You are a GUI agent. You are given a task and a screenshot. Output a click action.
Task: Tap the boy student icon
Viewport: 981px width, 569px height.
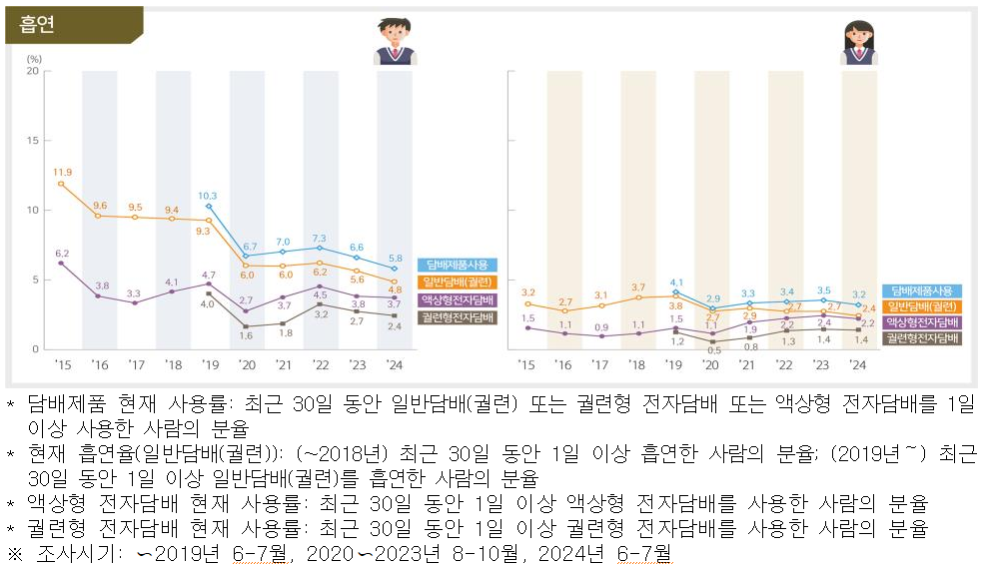coord(397,42)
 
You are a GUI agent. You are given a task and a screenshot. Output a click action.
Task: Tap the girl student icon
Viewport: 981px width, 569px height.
coord(859,42)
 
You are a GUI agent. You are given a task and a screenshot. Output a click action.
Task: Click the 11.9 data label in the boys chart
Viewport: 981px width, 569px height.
coord(62,172)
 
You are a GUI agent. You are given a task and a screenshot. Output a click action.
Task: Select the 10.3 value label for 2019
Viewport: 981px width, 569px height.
coord(208,196)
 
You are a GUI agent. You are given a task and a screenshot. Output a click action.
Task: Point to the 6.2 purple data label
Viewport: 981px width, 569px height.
coord(62,254)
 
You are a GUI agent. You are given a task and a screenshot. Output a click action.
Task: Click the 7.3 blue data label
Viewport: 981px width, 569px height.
coord(320,238)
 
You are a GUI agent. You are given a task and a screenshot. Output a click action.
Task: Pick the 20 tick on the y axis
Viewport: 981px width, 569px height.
coord(33,71)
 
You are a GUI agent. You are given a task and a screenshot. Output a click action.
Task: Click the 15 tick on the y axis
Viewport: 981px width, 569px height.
coord(33,141)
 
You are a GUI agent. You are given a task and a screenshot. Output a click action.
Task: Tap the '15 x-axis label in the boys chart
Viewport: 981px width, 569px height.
coord(62,365)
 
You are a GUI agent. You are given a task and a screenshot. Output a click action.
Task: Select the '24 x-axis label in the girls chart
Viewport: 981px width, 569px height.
coord(857,365)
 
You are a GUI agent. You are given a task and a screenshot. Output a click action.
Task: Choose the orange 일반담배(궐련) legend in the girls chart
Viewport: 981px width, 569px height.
coord(920,306)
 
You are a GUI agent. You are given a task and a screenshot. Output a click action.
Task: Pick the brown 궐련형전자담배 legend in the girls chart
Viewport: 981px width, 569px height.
coord(920,338)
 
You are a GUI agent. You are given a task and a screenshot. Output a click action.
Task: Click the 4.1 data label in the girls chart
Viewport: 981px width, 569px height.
coord(676,283)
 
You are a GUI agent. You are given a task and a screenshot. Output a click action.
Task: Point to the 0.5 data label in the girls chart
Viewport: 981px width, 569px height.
coord(712,350)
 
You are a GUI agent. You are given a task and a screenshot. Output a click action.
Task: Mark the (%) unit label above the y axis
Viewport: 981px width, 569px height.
coord(33,58)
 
